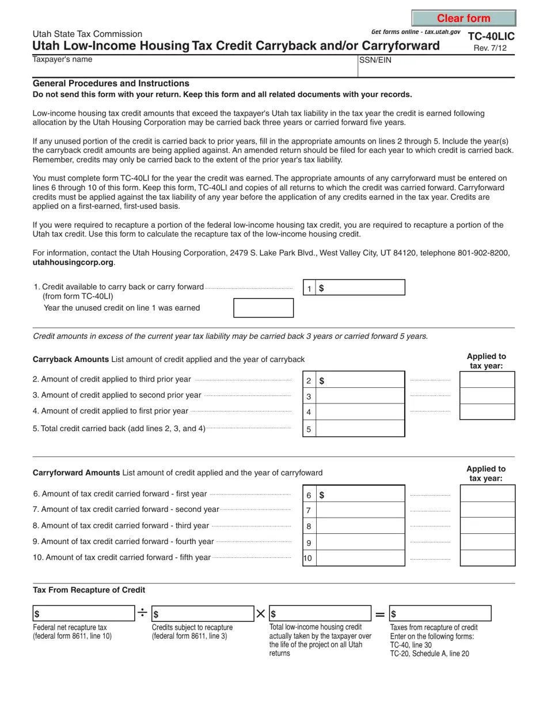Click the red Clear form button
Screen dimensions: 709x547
pos(464,18)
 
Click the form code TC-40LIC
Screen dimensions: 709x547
pos(491,36)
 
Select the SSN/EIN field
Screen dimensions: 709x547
pos(436,68)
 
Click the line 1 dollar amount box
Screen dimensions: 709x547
pos(360,288)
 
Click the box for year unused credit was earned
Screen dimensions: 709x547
pos(263,308)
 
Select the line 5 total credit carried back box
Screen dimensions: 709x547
pos(360,429)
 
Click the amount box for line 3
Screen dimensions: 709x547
pos(360,396)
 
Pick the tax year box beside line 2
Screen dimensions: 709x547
pos(487,380)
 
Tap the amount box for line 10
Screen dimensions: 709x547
pos(360,558)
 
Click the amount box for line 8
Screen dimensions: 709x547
pos(360,526)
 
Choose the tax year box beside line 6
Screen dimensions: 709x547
pos(488,493)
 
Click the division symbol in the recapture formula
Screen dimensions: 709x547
pos(142,613)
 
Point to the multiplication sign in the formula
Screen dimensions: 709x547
pos(261,614)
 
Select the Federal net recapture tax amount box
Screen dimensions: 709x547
pos(84,613)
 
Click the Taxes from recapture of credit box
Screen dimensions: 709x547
pos(440,613)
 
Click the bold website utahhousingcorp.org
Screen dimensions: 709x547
pos(73,262)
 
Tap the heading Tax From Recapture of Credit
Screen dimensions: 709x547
pos(89,590)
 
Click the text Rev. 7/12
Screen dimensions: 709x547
pos(490,48)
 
